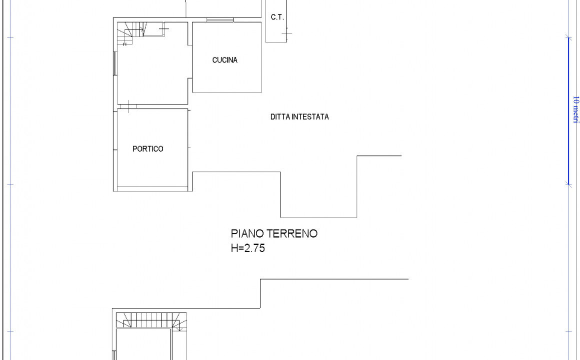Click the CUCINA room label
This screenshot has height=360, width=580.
tap(224, 60)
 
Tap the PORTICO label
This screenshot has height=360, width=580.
tap(147, 148)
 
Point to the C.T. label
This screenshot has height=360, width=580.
tap(277, 17)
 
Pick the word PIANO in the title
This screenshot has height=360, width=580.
tap(247, 233)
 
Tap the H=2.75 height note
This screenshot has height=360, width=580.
tap(248, 248)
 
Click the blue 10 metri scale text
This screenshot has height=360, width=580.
tap(575, 109)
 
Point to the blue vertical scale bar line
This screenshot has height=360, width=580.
tap(568, 110)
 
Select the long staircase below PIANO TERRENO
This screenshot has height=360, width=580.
tap(151, 320)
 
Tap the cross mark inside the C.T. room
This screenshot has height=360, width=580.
tap(286, 33)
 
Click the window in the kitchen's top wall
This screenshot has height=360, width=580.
tap(219, 20)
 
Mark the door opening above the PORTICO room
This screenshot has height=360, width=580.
tap(128, 106)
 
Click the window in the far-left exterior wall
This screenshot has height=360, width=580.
tap(115, 63)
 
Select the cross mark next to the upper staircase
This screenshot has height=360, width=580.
tap(163, 28)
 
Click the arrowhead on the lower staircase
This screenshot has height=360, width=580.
tap(180, 329)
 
